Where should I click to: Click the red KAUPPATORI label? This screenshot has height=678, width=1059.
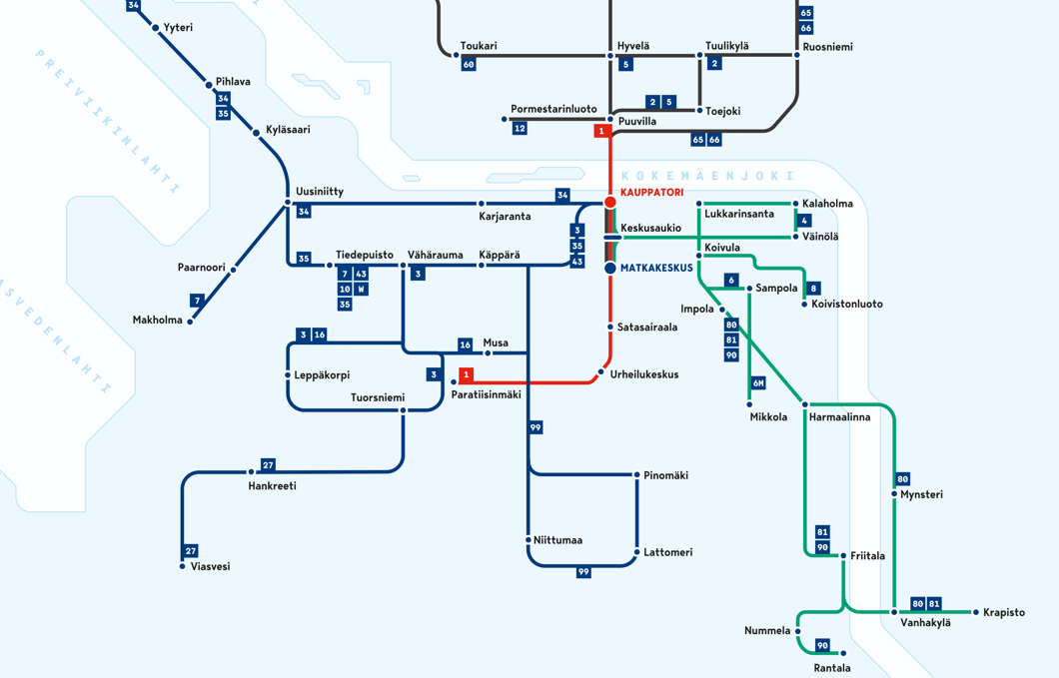[x=651, y=192]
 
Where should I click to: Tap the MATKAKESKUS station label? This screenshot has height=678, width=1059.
[x=656, y=268]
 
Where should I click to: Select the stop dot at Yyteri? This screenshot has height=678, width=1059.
[x=156, y=28]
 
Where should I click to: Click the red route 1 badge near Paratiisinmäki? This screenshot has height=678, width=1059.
[x=466, y=374]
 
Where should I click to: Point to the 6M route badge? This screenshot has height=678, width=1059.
[x=758, y=383]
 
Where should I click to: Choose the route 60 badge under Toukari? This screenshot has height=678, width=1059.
[x=469, y=64]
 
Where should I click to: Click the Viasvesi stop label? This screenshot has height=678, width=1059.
[x=210, y=566]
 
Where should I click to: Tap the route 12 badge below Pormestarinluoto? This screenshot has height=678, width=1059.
[x=520, y=128]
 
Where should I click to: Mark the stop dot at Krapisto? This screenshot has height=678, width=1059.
[x=976, y=612]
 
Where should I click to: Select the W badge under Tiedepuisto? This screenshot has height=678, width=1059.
[x=362, y=289]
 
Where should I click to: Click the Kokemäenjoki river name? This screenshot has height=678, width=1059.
[x=706, y=176]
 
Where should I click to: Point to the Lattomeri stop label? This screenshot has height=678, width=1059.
[x=667, y=552]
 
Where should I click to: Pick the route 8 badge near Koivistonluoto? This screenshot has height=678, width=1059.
[x=813, y=289]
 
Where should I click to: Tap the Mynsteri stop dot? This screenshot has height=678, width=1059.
[x=894, y=494]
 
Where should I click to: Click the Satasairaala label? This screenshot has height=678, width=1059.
[x=647, y=327]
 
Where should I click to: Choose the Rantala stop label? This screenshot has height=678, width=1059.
[x=831, y=668]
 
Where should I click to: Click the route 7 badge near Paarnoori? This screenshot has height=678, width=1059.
[x=197, y=300]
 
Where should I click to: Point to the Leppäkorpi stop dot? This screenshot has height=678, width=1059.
[x=288, y=375]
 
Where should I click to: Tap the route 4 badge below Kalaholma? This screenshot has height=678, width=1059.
[x=804, y=220]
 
